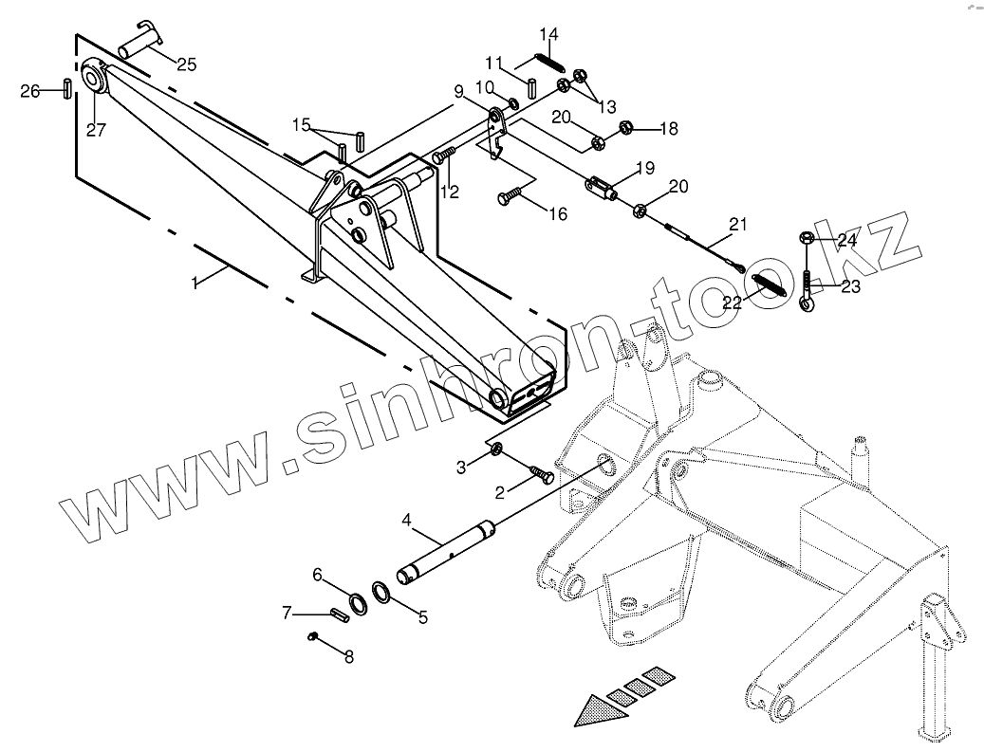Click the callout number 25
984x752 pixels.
point(186,64)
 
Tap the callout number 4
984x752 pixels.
point(406,521)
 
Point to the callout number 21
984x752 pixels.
point(738,225)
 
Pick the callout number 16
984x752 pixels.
point(557,214)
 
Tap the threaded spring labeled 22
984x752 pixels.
point(768,284)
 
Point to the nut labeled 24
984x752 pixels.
point(806,238)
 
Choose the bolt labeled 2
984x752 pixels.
point(543,473)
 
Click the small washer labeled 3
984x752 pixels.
point(496,447)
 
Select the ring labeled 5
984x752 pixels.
point(382,593)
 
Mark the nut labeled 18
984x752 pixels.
point(626,127)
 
